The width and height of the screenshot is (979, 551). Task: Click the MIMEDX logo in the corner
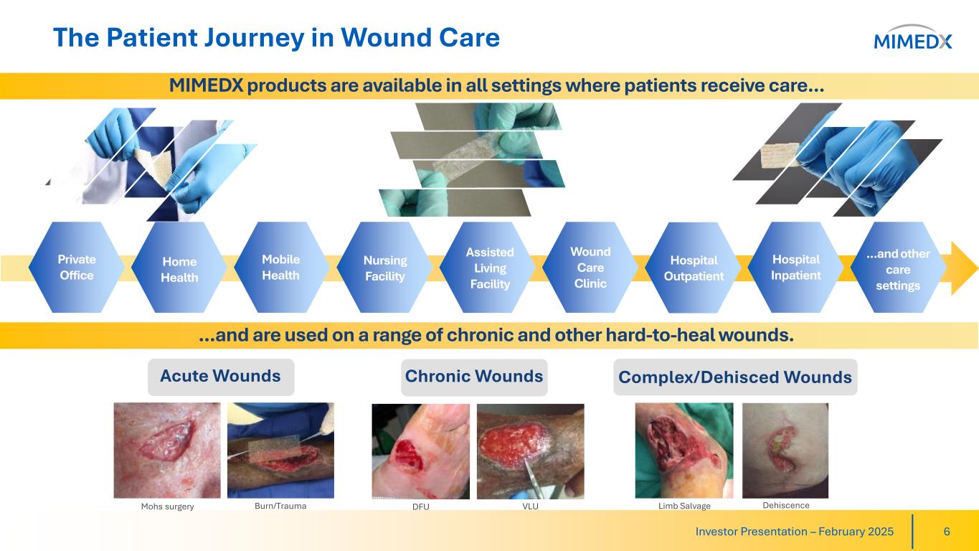pyautogui.click(x=912, y=38)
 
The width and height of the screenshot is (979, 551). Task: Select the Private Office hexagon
pyautogui.click(x=77, y=267)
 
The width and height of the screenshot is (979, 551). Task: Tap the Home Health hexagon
pyautogui.click(x=179, y=267)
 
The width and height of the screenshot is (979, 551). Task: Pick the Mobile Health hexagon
pyautogui.click(x=282, y=267)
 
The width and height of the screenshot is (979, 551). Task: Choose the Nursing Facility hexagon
pyautogui.click(x=384, y=267)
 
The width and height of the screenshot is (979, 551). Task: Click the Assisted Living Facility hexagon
pyautogui.click(x=488, y=267)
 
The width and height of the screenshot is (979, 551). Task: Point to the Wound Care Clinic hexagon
pyautogui.click(x=590, y=267)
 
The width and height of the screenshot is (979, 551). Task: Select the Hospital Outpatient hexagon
pyautogui.click(x=693, y=267)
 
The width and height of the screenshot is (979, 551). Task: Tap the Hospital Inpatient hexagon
pyautogui.click(x=796, y=267)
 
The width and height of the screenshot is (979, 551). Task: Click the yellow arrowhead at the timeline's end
pyautogui.click(x=964, y=268)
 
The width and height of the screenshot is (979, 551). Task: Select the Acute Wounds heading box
pyautogui.click(x=221, y=377)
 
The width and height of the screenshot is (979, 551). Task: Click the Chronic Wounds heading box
pyautogui.click(x=474, y=377)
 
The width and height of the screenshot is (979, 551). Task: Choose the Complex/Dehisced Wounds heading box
pyautogui.click(x=735, y=377)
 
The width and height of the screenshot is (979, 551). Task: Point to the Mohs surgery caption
pyautogui.click(x=167, y=507)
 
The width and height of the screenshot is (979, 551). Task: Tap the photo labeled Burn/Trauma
pyautogui.click(x=280, y=451)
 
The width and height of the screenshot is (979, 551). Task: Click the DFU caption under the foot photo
pyautogui.click(x=421, y=507)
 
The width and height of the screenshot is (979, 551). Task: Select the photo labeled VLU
pyautogui.click(x=530, y=451)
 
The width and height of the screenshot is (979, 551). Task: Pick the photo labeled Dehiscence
pyautogui.click(x=785, y=451)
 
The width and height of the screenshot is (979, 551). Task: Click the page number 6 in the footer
pyautogui.click(x=947, y=532)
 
